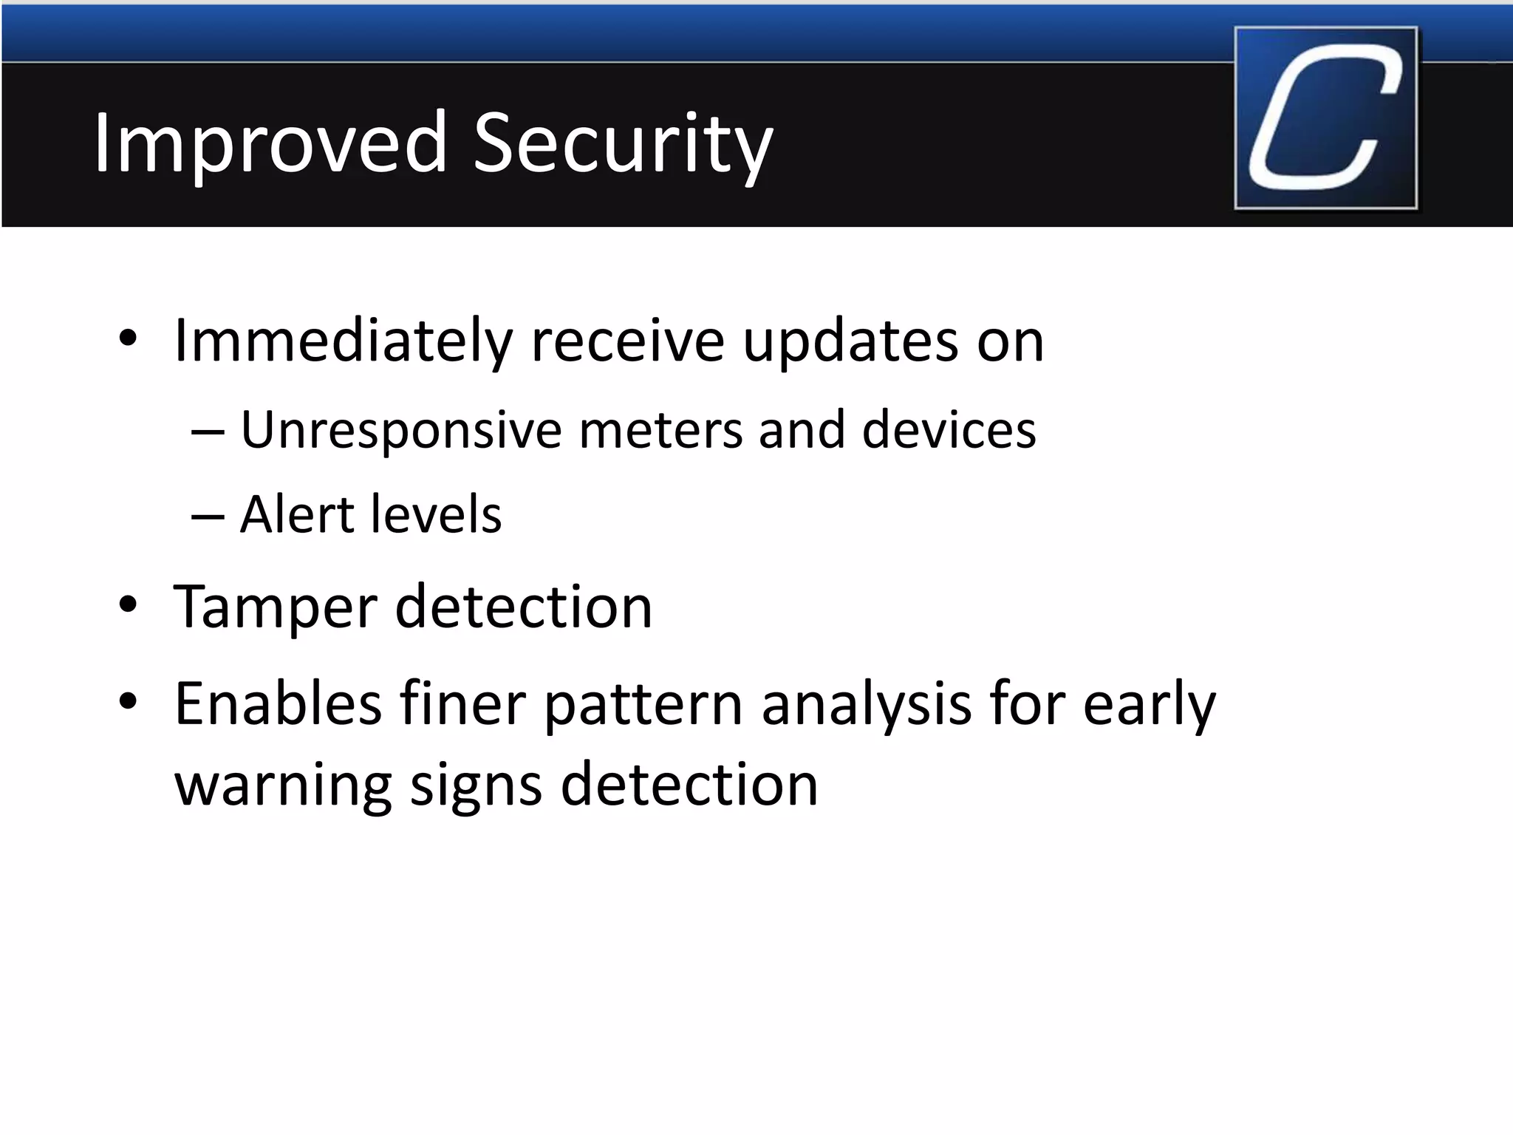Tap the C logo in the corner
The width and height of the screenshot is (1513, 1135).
tap(1325, 118)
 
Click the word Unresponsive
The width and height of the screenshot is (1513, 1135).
tap(401, 430)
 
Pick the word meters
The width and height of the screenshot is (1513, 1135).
tap(660, 430)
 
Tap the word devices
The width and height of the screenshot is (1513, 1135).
tap(949, 430)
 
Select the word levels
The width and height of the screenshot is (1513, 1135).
tap(436, 514)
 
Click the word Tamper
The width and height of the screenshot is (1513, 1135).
tap(276, 607)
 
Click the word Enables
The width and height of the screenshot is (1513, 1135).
tap(278, 703)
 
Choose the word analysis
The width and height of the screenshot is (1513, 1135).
tap(867, 703)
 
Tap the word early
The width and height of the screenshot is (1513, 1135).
tap(1150, 703)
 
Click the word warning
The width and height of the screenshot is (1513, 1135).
tap(283, 785)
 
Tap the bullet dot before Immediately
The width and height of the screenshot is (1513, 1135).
tap(128, 339)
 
